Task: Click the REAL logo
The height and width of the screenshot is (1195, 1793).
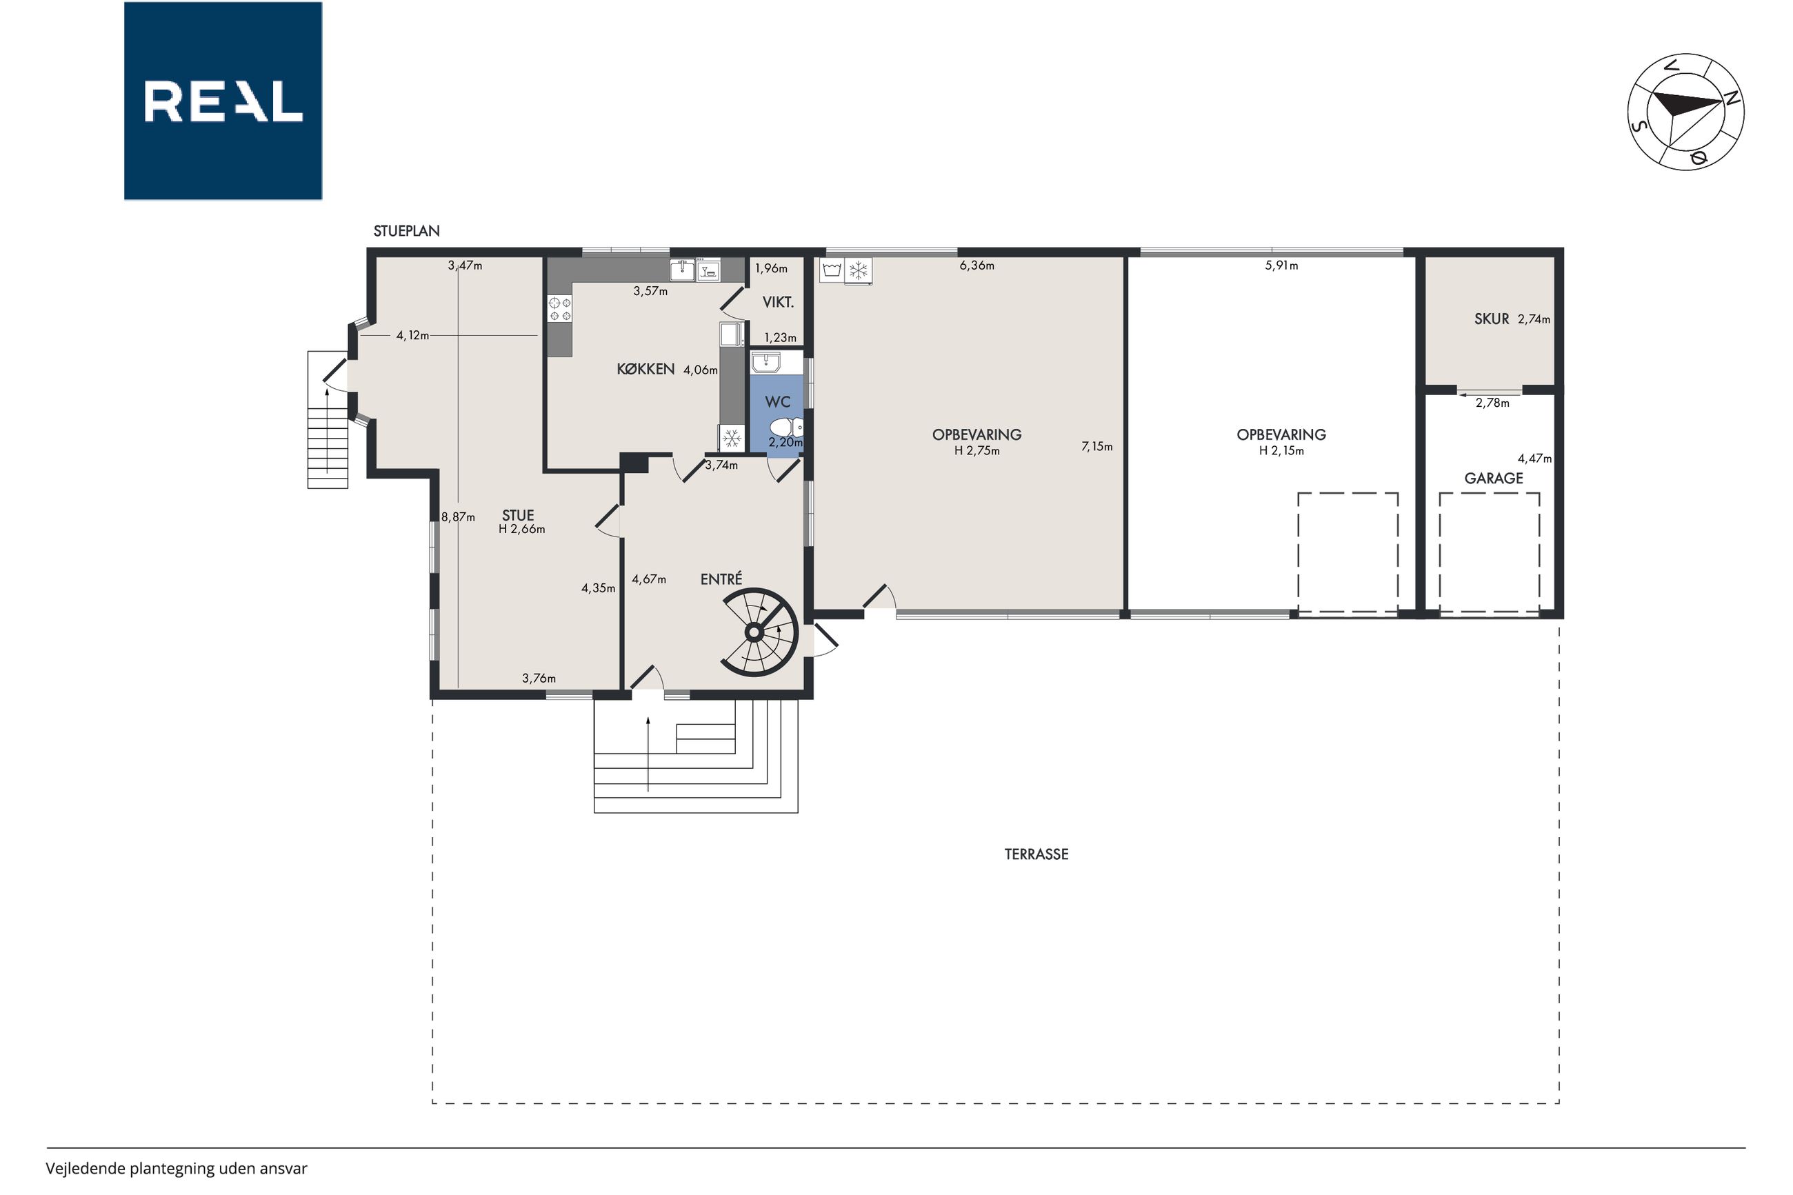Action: tap(223, 101)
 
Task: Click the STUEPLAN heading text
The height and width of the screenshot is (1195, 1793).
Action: tap(406, 231)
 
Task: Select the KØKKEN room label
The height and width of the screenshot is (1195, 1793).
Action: tap(645, 369)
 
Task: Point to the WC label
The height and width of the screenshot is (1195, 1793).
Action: tap(777, 401)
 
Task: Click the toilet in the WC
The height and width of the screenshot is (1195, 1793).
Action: tap(783, 426)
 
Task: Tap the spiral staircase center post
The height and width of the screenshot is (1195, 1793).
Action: tap(754, 632)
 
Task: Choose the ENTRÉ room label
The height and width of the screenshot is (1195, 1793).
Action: tap(721, 579)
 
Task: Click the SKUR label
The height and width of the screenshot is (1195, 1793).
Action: tap(1491, 319)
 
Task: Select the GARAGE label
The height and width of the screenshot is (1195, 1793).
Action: tap(1494, 479)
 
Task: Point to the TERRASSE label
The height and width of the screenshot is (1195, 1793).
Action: tap(1036, 854)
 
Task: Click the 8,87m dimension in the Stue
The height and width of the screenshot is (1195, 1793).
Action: tap(458, 516)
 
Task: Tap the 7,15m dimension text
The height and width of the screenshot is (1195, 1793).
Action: tap(1096, 447)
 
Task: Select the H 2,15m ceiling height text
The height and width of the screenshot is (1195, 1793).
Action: tap(1282, 450)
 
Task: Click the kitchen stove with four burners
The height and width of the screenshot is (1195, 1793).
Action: tap(560, 308)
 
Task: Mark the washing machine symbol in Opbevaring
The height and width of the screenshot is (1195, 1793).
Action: tap(832, 270)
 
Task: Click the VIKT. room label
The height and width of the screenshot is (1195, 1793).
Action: tap(778, 303)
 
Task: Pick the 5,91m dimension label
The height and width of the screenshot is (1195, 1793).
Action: tap(1282, 266)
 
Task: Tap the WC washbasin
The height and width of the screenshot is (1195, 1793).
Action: tap(764, 362)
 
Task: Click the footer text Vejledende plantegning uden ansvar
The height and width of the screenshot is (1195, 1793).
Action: tap(176, 1168)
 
